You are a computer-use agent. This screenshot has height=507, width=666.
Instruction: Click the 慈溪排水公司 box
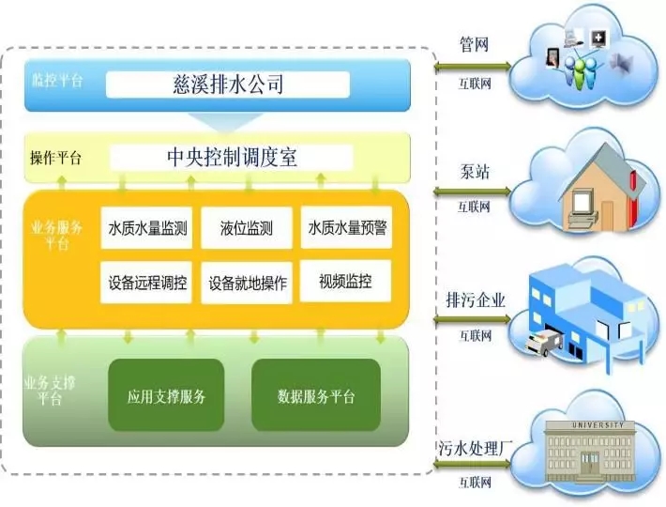point(229,85)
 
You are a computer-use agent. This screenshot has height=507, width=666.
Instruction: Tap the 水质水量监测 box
point(146,227)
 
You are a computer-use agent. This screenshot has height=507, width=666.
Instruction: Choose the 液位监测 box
point(247,227)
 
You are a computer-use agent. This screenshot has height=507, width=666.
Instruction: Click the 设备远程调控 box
point(146,282)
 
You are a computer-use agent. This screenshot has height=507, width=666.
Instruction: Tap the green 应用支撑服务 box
point(167,395)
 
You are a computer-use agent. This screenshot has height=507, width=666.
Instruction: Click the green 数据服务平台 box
point(317,395)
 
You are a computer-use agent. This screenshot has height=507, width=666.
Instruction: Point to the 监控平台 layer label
point(57,80)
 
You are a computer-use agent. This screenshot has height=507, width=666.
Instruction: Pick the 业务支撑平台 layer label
point(47,391)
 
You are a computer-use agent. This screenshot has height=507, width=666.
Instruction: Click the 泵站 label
point(473,174)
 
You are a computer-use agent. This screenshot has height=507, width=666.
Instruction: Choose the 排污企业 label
point(477,300)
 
